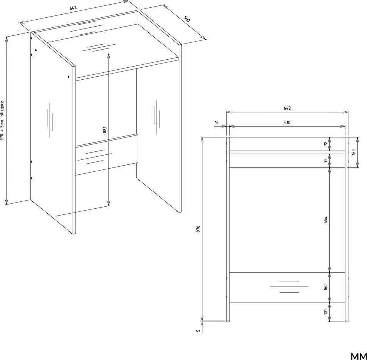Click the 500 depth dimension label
click(x=187, y=19)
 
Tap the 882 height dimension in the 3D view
click(x=105, y=130)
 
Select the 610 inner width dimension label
click(x=287, y=122)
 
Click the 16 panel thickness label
click(x=216, y=122)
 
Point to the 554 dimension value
click(x=325, y=220)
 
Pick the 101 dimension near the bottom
click(x=325, y=311)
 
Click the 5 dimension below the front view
click(x=198, y=331)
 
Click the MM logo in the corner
click(x=359, y=356)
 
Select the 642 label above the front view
click(x=287, y=108)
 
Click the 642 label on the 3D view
click(x=73, y=8)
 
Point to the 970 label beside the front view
click(x=198, y=229)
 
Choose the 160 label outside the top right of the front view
click(x=354, y=152)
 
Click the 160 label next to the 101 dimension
click(x=325, y=288)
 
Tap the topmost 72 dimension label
click(x=325, y=144)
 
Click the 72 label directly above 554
click(x=325, y=161)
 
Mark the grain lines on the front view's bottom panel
click(x=289, y=286)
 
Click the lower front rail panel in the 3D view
click(x=107, y=154)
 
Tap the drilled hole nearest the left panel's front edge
click(x=68, y=77)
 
